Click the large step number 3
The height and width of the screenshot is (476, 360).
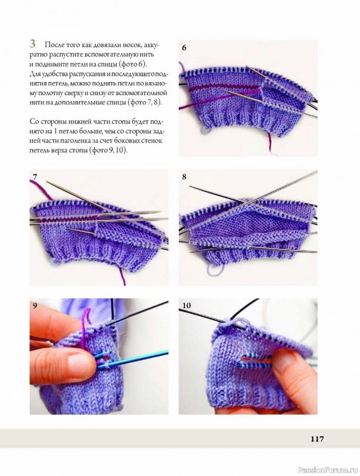[33, 43]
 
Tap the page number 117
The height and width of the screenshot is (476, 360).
[317, 439]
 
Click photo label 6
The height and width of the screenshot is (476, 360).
[184, 48]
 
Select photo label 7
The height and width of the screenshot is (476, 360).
[35, 176]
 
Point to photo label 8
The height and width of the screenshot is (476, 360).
[184, 177]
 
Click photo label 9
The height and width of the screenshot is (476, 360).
[35, 305]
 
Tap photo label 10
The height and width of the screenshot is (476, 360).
[186, 305]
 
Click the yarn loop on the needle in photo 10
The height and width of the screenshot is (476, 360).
[233, 322]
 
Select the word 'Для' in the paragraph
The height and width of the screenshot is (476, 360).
[35, 74]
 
